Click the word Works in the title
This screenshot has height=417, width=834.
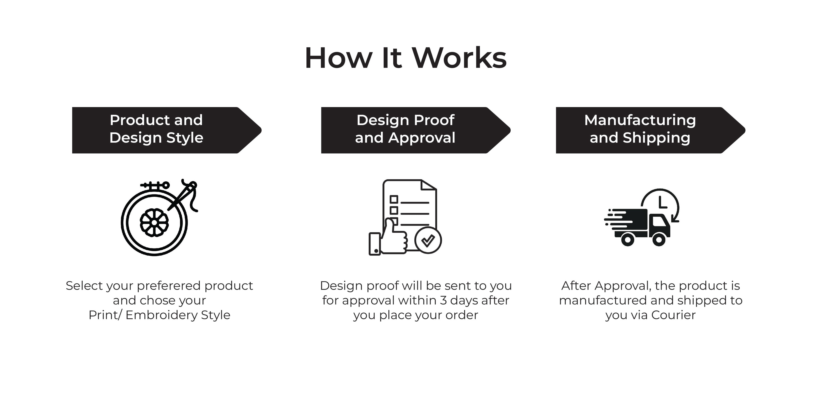pos(459,58)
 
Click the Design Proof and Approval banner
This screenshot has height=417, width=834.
pos(416,130)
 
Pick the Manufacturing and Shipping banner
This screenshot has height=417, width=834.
pos(650,130)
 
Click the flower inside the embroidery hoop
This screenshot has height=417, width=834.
pos(154,222)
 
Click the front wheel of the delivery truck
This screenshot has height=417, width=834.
pos(659,240)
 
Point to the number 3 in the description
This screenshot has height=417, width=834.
pos(443,300)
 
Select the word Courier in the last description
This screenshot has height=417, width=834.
pos(673,315)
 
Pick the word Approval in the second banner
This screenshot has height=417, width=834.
pos(422,138)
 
